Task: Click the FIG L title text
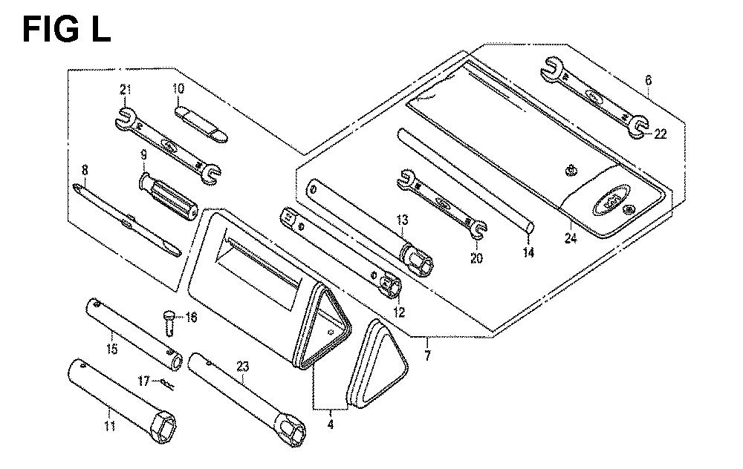tap(66, 30)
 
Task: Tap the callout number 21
tap(125, 90)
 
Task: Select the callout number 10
tap(178, 88)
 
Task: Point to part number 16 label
tap(191, 317)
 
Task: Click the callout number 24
tap(571, 238)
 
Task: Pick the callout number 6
tap(648, 80)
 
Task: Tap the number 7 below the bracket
tap(427, 355)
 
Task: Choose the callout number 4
tap(331, 424)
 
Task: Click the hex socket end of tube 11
tap(163, 428)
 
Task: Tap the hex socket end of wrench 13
tap(417, 261)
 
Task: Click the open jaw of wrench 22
tap(637, 127)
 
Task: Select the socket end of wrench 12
tap(391, 286)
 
